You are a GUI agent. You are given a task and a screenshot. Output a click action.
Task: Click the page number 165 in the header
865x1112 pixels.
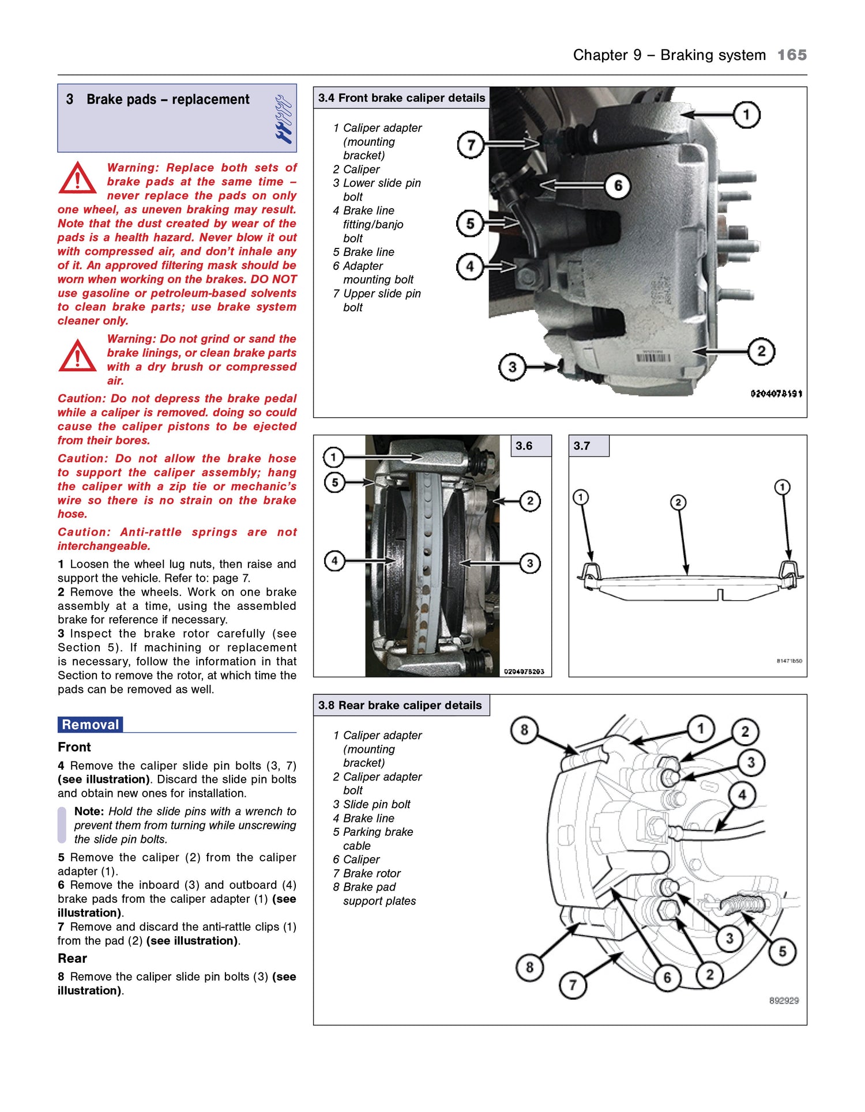tap(792, 55)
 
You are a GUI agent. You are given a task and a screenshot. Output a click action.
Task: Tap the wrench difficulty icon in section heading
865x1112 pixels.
tap(283, 119)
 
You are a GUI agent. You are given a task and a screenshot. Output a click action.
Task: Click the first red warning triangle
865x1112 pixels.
tap(77, 178)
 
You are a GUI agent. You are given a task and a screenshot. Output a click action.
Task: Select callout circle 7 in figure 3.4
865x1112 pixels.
tap(471, 145)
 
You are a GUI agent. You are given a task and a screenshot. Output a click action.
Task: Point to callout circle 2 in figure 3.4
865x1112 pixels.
tap(761, 351)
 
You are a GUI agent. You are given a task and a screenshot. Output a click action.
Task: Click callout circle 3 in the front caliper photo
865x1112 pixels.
tap(512, 367)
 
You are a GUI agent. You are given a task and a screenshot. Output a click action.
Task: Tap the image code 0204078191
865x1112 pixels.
tap(776, 394)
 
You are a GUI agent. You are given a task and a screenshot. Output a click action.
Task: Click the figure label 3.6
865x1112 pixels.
tap(524, 446)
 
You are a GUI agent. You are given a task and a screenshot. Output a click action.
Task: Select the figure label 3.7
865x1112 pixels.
tap(582, 446)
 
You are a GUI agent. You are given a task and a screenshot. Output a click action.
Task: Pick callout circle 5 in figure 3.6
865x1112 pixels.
tap(334, 482)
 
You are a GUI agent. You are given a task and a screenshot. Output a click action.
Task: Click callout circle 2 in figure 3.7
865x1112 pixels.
tap(678, 502)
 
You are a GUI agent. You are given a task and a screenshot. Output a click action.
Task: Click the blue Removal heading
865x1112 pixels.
tap(91, 725)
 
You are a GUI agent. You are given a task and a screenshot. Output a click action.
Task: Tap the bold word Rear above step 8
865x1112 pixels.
tap(72, 958)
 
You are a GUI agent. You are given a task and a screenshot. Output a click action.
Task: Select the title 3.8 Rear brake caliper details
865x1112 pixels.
tap(400, 705)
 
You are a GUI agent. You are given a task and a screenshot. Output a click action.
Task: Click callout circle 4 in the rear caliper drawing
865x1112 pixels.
tap(742, 795)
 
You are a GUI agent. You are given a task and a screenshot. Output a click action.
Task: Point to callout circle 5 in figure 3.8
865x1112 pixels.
tap(782, 951)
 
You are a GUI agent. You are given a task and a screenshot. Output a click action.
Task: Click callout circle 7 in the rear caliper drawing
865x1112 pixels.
tap(573, 985)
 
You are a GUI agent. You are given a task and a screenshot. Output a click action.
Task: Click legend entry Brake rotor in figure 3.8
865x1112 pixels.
tap(371, 873)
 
